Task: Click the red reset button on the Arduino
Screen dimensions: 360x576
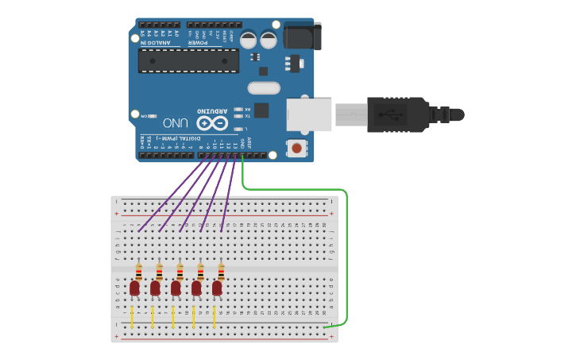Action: coord(297,147)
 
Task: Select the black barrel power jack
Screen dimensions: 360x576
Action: coord(302,36)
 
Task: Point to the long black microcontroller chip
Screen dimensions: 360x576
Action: coord(188,60)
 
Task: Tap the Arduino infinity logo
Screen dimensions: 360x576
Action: coord(212,123)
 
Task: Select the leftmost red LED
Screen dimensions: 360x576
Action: coord(135,288)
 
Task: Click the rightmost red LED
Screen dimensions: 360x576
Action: coord(217,288)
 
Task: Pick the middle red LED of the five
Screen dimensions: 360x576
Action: coord(176,288)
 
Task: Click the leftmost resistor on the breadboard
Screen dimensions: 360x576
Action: coord(139,271)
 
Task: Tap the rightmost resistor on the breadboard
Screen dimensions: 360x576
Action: coord(221,271)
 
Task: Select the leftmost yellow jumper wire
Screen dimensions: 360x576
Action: coord(133,315)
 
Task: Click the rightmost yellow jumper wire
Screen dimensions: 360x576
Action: coord(215,315)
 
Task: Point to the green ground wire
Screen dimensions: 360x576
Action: coord(347,254)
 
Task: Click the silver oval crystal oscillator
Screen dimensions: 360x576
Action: coord(265,87)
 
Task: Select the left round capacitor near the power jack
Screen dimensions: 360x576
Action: coord(249,39)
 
